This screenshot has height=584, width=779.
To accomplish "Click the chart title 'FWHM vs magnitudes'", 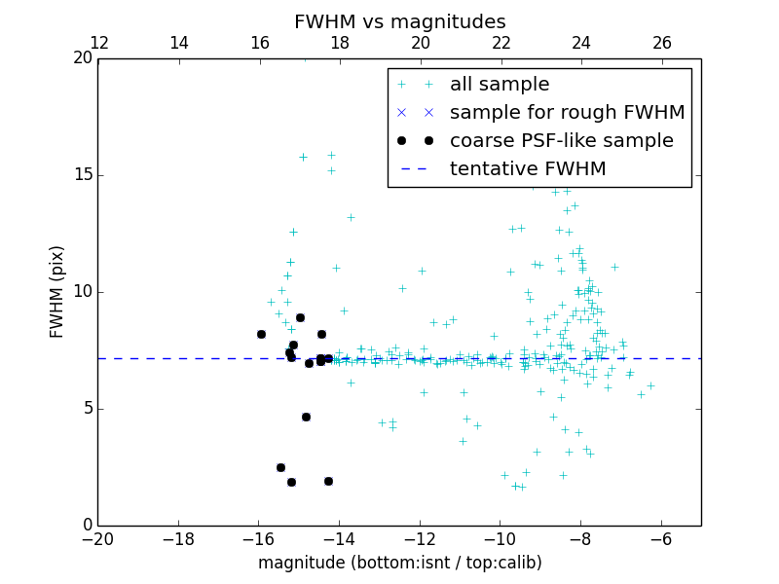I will (399, 21).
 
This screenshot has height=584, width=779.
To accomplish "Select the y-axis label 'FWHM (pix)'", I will (57, 291).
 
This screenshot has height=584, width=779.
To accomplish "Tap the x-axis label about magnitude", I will (399, 563).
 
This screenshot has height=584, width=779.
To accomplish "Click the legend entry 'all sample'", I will (500, 85).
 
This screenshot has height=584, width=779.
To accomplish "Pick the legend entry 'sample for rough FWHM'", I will (567, 113).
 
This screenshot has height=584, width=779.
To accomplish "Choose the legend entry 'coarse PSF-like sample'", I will (561, 141).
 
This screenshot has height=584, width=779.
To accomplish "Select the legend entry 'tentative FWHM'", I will (528, 169).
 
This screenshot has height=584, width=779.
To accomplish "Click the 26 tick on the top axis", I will (661, 43).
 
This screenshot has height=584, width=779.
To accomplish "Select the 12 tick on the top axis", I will (98, 43).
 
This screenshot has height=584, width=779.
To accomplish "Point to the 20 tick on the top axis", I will (420, 43).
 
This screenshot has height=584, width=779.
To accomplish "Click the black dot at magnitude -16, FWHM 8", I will (261, 334).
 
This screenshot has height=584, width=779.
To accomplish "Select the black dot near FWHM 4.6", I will (306, 417).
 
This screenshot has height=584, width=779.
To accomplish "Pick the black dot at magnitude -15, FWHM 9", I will (300, 317).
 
